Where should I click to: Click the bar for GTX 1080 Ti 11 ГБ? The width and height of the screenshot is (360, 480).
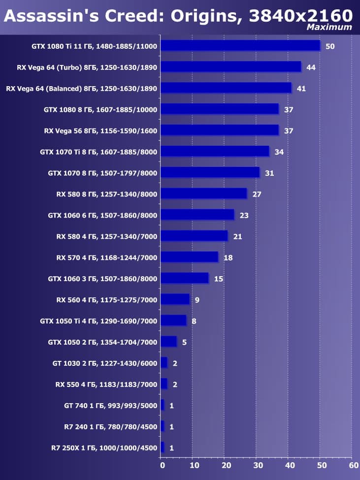point(240,45)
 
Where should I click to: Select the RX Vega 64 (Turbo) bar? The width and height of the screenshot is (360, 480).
point(230,66)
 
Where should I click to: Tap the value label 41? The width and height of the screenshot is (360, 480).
point(301,88)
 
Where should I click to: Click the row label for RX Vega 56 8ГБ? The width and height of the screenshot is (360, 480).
point(100,130)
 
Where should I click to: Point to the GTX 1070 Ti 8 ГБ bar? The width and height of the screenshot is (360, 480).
point(215,151)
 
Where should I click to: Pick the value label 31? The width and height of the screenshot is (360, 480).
point(269,173)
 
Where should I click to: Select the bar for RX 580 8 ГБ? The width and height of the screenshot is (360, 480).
point(203,193)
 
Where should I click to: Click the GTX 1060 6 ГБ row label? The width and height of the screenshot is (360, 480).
point(102,215)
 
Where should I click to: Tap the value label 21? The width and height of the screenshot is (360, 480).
point(238,236)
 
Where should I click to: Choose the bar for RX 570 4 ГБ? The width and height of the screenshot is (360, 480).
point(189,257)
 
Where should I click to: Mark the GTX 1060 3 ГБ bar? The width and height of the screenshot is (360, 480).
point(184,278)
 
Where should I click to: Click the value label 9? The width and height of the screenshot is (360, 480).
point(197,300)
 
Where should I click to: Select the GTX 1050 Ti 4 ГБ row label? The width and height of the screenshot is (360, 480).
point(98,321)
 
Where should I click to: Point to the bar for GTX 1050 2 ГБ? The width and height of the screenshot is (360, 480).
point(168,342)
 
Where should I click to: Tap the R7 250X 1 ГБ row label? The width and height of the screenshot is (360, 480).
point(103,448)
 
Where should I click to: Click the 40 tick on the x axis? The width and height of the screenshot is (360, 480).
point(289,464)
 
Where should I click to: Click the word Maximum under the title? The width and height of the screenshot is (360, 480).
point(329,27)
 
